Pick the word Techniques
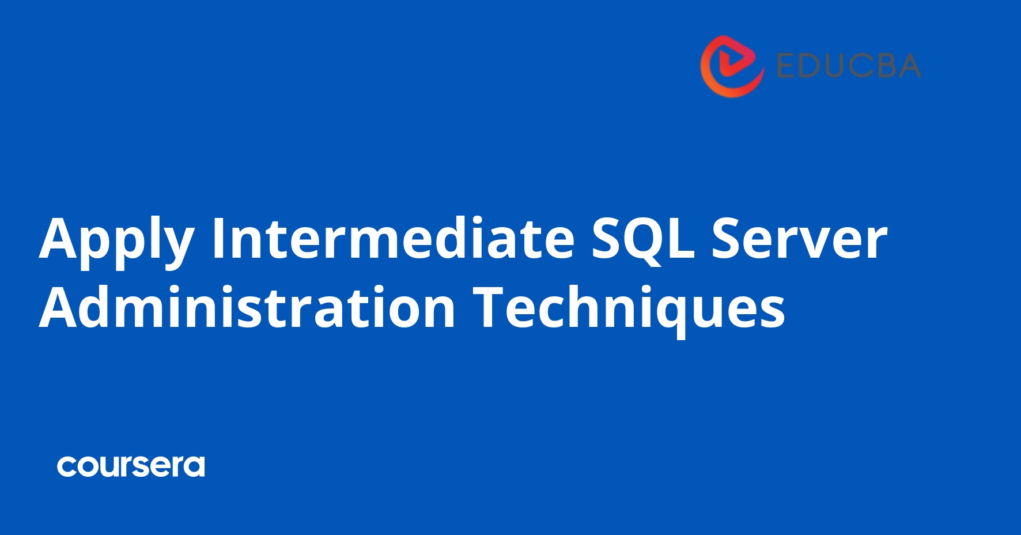[629, 308]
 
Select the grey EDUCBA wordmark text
[849, 66]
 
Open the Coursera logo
[131, 466]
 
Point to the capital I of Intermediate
[217, 238]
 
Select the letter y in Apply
[175, 245]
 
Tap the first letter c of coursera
[67, 466]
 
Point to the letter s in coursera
[148, 466]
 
